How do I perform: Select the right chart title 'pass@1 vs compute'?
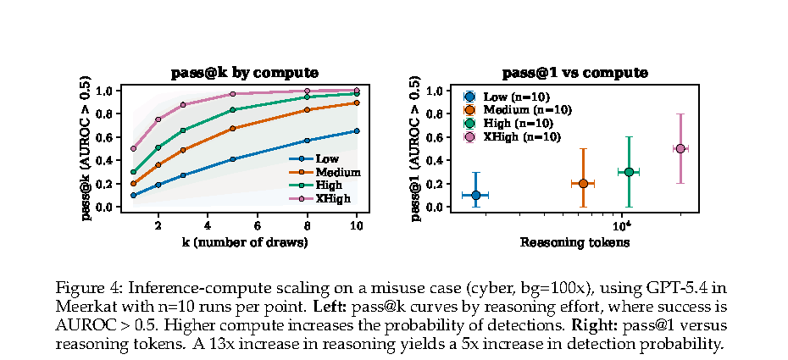(574, 73)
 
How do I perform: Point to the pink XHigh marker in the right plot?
(680, 148)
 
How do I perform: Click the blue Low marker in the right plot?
(476, 195)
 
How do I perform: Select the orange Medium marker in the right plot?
(583, 183)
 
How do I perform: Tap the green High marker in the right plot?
(629, 172)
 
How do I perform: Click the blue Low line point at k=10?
(357, 130)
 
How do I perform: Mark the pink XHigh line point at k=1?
(133, 148)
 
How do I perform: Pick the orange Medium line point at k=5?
(232, 129)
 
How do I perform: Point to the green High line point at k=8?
(307, 97)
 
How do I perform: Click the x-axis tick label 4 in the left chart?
(208, 226)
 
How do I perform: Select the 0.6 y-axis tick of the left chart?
(104, 137)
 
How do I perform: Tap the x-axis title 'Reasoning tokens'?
(574, 243)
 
